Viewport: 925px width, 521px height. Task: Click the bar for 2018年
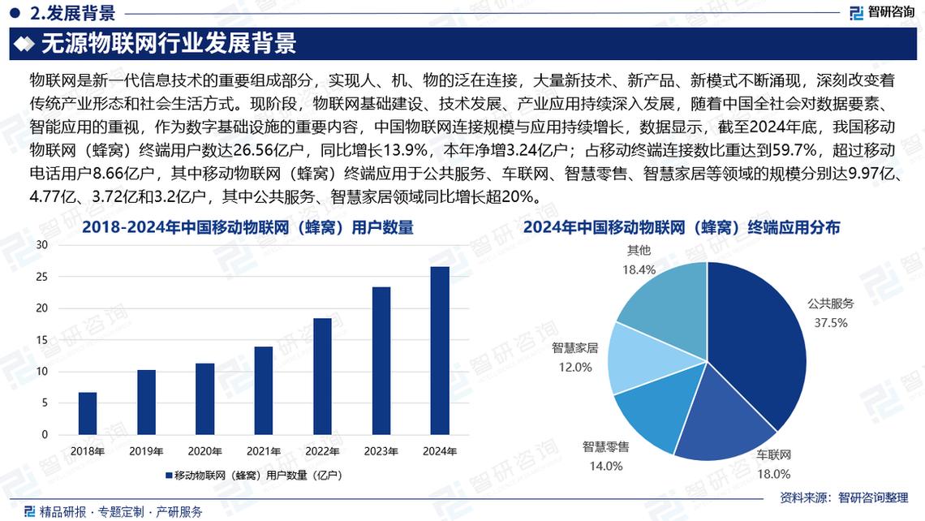tap(88, 414)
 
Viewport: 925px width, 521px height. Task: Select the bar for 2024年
tap(439, 351)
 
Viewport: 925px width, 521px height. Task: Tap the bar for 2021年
tap(264, 390)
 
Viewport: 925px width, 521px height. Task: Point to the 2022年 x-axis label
tap(322, 450)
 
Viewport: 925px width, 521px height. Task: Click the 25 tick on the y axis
tap(43, 277)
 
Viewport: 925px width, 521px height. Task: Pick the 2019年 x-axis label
tap(146, 450)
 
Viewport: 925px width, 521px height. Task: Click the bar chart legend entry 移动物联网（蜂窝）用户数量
tap(256, 475)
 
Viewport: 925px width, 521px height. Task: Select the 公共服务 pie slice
tap(759, 341)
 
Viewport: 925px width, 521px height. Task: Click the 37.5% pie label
tap(831, 322)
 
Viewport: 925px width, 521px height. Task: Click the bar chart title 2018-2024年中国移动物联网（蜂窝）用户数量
tap(247, 228)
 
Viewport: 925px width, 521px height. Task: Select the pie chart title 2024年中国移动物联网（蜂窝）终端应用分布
tap(682, 228)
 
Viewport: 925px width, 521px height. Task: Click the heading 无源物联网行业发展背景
tap(169, 44)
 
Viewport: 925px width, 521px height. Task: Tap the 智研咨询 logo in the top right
tap(882, 12)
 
